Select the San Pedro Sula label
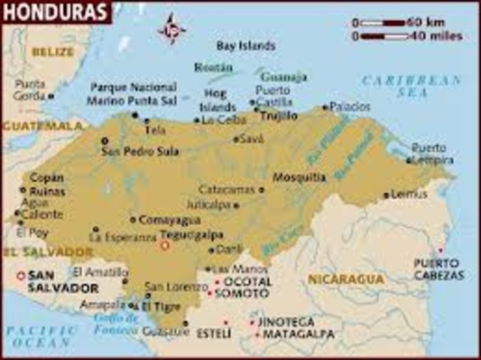[x=140, y=151]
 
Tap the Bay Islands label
[x=246, y=45]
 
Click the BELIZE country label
[x=53, y=52]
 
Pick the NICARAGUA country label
[x=346, y=279]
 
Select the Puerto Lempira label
[x=433, y=153]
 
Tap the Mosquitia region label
[x=299, y=178]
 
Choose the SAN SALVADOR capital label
[x=62, y=282]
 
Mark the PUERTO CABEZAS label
[x=438, y=269]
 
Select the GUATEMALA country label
[x=41, y=126]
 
